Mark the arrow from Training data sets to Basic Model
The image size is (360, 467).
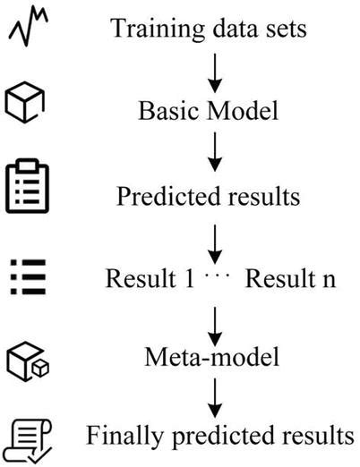click(213, 72)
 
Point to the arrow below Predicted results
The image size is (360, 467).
click(213, 239)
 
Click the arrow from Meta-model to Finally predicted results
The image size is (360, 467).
click(213, 399)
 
